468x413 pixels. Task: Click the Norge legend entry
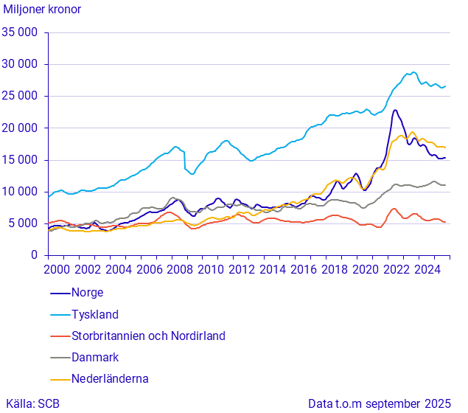pyautogui.click(x=87, y=293)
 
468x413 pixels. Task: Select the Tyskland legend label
pyautogui.click(x=94, y=314)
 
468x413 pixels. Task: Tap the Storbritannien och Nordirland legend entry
pyautogui.click(x=147, y=336)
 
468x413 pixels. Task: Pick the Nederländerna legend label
pyautogui.click(x=110, y=378)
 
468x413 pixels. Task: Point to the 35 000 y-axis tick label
pyautogui.click(x=21, y=32)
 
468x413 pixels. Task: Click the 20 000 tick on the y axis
pyautogui.click(x=21, y=128)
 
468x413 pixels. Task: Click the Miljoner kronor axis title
pyautogui.click(x=43, y=10)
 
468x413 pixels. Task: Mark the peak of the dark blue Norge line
pyautogui.click(x=395, y=111)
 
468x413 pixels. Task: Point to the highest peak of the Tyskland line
pyautogui.click(x=413, y=72)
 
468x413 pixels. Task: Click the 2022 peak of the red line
pyautogui.click(x=394, y=209)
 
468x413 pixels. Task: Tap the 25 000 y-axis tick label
pyautogui.click(x=21, y=96)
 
